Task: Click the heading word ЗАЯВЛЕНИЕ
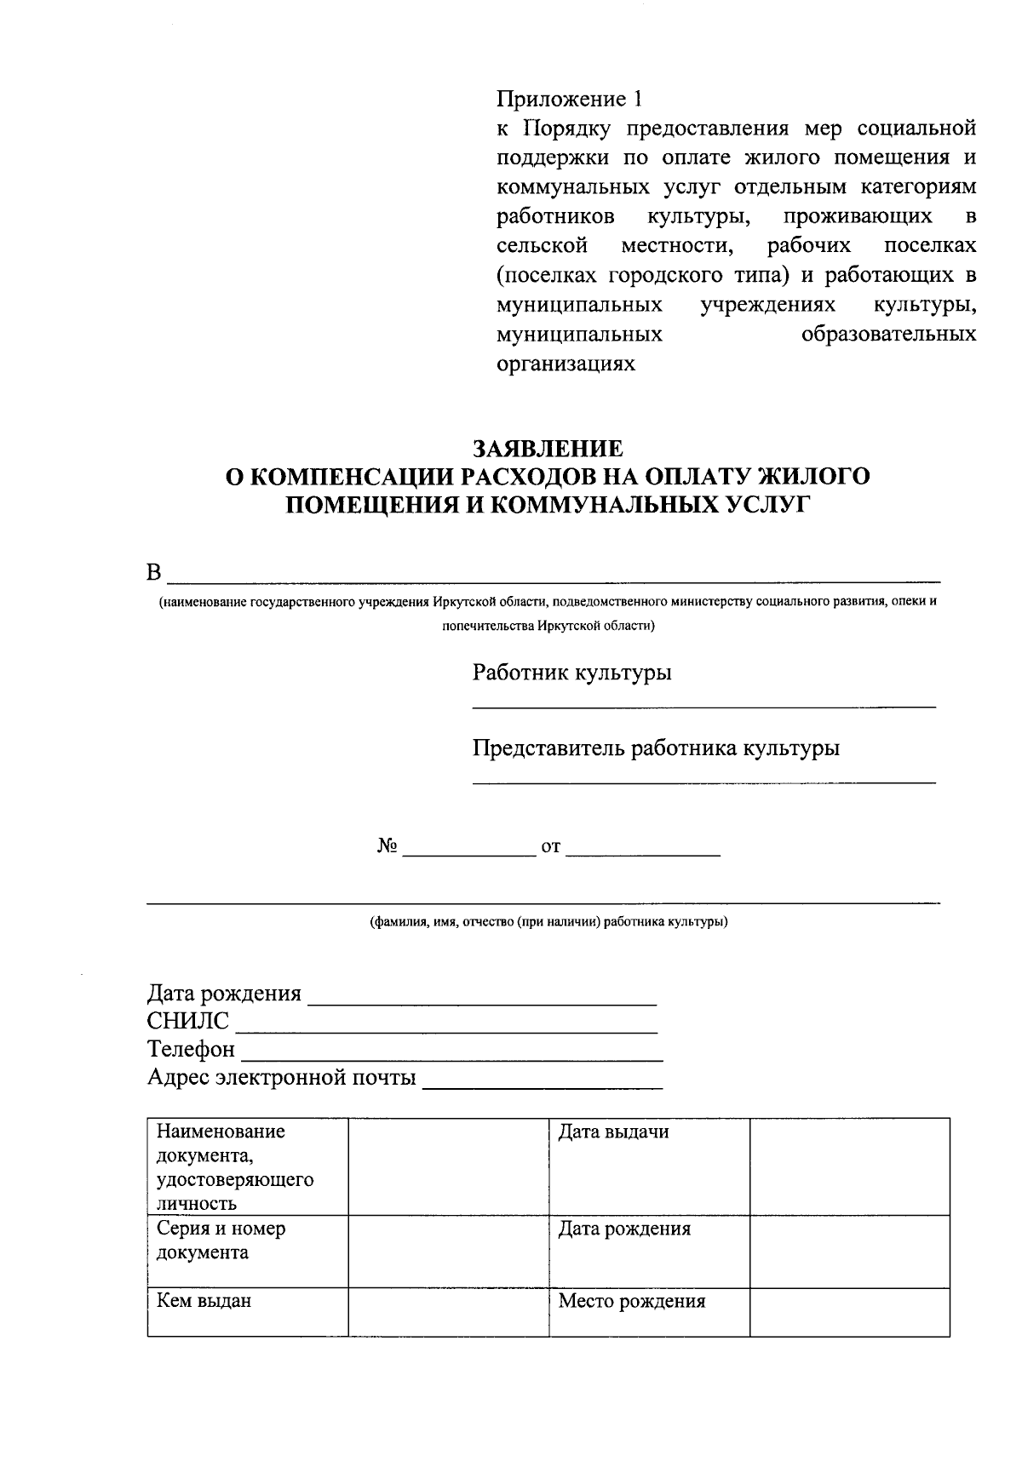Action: tap(548, 449)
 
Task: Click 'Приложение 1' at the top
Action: tap(569, 100)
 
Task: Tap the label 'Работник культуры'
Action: tap(571, 673)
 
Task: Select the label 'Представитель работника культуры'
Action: tap(656, 748)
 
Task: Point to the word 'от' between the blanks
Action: tap(551, 847)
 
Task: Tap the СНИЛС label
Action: tap(188, 1022)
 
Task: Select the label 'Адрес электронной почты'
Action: tap(282, 1078)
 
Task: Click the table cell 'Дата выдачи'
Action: tap(613, 1132)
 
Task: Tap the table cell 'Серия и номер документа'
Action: tap(221, 1240)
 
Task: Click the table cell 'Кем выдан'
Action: tap(204, 1301)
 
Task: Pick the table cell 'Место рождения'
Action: tap(632, 1301)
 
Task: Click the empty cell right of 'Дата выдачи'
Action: tap(849, 1166)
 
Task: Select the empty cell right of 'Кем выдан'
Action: tap(448, 1312)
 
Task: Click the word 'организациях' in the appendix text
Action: tap(566, 364)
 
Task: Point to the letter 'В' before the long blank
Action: tap(154, 573)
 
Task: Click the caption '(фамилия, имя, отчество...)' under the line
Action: tap(548, 922)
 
